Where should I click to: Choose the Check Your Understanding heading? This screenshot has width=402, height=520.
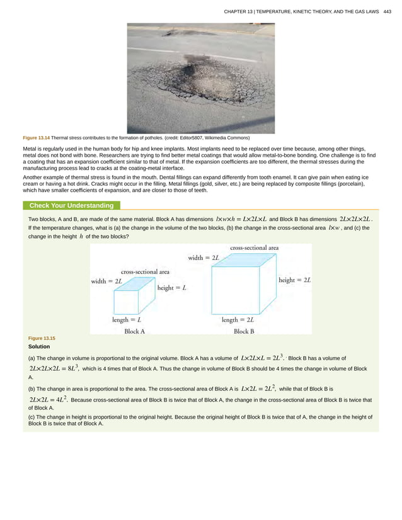[71, 205]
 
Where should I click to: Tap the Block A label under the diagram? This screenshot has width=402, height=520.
[135, 331]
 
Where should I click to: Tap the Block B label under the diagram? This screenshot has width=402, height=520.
[244, 331]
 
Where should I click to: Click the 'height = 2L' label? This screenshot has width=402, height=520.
[295, 280]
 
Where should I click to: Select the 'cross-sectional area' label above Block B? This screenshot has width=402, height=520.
[255, 248]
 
